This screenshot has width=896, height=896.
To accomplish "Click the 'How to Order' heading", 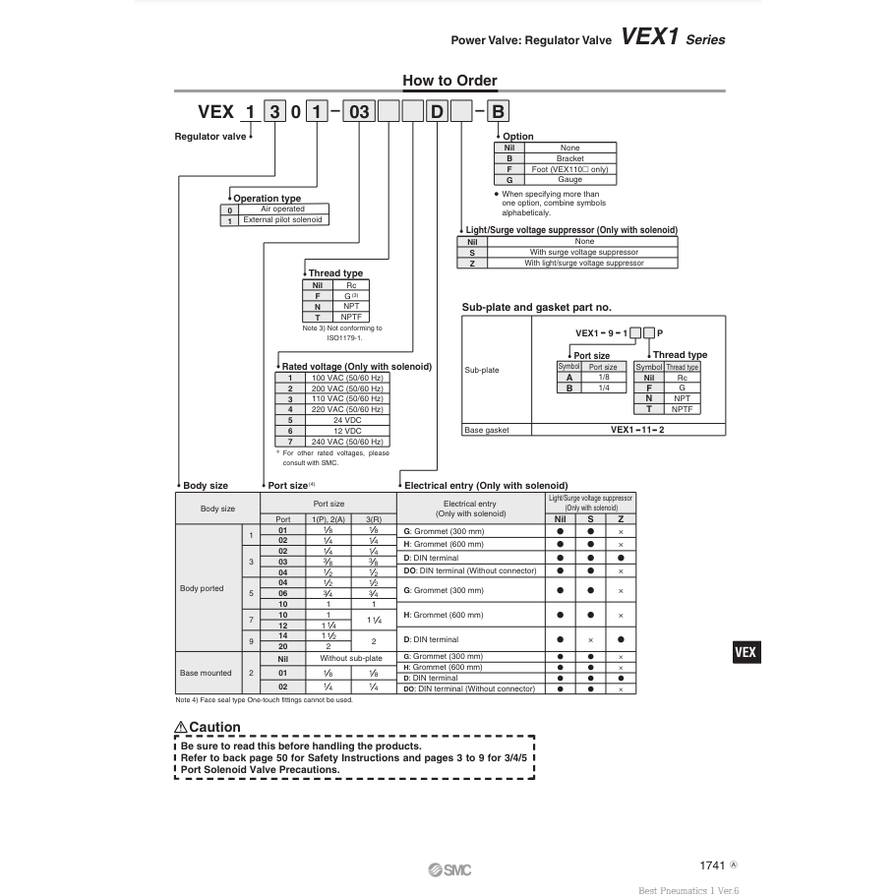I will point(449,81).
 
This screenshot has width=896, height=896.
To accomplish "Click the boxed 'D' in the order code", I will point(437,111).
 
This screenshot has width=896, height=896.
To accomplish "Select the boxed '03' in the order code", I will point(359,111).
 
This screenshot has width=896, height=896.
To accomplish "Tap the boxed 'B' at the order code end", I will point(498,111).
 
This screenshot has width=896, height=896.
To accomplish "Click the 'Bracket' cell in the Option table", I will point(569,158).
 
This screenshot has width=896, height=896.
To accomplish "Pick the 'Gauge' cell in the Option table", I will point(569,180).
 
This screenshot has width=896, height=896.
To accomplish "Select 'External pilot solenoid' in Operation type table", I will point(282,220).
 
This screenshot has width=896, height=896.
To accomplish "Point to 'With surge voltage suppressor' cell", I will point(584,252).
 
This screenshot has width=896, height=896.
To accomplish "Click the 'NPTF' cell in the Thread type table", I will point(350,318).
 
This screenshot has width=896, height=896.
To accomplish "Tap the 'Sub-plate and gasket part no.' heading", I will point(536,308).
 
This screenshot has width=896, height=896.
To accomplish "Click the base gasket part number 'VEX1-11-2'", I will point(636,430).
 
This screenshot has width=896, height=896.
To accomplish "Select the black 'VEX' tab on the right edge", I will point(747,652).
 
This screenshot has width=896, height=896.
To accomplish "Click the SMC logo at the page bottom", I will point(449,868).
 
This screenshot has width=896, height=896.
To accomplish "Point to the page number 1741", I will point(712,866).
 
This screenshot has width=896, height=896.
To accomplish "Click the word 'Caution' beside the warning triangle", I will point(213,728).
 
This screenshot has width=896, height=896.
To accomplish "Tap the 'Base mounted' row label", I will point(206,673).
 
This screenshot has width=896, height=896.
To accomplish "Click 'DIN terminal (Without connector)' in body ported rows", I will point(470,570).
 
